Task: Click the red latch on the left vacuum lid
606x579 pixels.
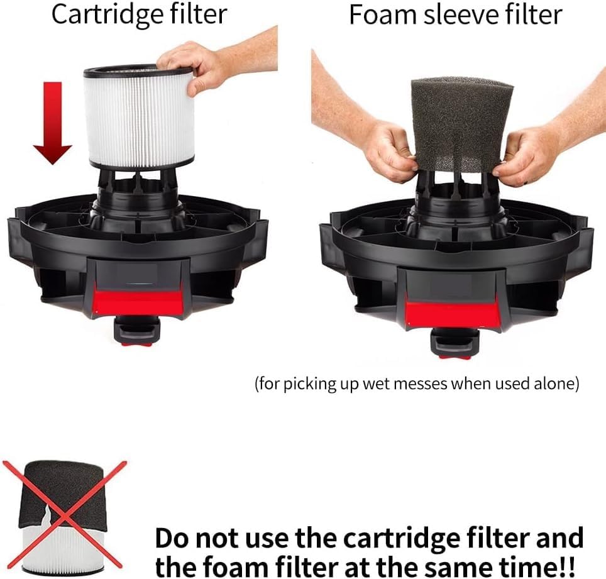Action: [x=138, y=300]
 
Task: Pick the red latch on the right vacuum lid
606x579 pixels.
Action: [x=453, y=311]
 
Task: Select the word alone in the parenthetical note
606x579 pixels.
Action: [x=553, y=384]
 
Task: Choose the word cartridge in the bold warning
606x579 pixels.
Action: [x=409, y=539]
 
